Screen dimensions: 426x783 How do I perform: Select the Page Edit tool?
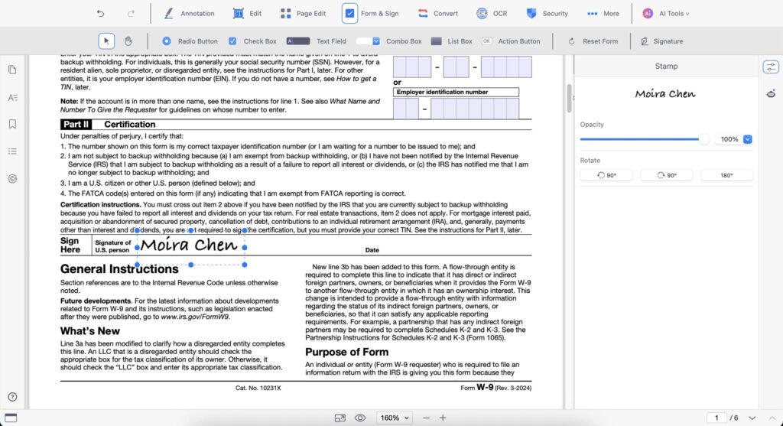pyautogui.click(x=303, y=14)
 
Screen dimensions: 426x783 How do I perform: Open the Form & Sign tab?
pyautogui.click(x=371, y=14)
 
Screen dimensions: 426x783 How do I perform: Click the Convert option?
pyautogui.click(x=437, y=14)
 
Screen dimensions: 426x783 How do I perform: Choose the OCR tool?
pyautogui.click(x=492, y=14)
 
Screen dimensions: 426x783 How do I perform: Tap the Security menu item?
pyautogui.click(x=547, y=14)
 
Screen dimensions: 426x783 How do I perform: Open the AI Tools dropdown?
pyautogui.click(x=666, y=14)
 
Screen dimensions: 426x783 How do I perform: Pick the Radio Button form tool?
pyautogui.click(x=190, y=41)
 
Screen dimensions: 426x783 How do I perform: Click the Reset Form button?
pyautogui.click(x=593, y=41)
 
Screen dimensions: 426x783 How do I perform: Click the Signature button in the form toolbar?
pyautogui.click(x=661, y=41)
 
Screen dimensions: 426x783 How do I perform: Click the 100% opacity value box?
pyautogui.click(x=729, y=139)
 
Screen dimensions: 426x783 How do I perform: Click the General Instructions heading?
pyautogui.click(x=119, y=269)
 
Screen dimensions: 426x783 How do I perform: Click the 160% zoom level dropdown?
pyautogui.click(x=395, y=418)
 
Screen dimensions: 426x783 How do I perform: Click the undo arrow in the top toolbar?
pyautogui.click(x=100, y=14)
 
